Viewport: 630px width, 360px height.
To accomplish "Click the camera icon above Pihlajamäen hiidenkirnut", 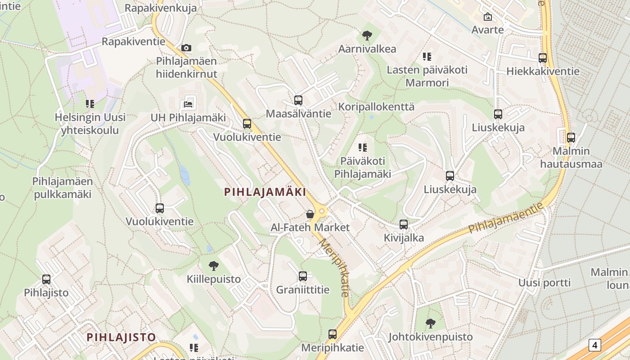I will click(x=186, y=48).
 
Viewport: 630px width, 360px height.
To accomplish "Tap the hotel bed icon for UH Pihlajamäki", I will click(x=189, y=104).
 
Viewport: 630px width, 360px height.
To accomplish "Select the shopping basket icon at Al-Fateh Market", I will click(x=310, y=214).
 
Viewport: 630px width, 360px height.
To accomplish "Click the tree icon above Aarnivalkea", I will click(x=367, y=36).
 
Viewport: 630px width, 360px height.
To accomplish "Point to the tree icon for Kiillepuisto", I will click(x=214, y=266).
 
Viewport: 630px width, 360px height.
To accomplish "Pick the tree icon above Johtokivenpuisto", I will click(x=431, y=323).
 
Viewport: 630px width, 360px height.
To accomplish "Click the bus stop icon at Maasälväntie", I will click(x=298, y=100).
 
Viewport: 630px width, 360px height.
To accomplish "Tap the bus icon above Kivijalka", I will click(x=404, y=225).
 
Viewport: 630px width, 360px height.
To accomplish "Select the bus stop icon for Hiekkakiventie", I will click(x=543, y=58).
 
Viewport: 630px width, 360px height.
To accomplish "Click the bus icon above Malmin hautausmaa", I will click(x=571, y=138).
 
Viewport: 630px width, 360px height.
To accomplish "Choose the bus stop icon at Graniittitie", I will click(x=303, y=276).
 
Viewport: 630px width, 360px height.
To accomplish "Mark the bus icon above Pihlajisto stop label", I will click(x=46, y=279).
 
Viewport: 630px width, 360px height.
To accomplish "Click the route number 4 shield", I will click(x=595, y=345).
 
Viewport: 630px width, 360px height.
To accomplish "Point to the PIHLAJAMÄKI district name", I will click(x=265, y=192).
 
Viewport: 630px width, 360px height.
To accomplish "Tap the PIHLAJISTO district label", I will click(x=121, y=337).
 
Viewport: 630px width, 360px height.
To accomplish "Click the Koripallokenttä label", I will click(x=376, y=107).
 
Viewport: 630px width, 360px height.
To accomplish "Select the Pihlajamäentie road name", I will click(x=506, y=218).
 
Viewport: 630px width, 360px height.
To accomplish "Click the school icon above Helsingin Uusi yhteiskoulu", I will click(x=90, y=104).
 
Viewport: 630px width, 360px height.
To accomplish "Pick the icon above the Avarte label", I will click(x=487, y=17).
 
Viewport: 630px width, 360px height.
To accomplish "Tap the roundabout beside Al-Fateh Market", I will click(x=322, y=211).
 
